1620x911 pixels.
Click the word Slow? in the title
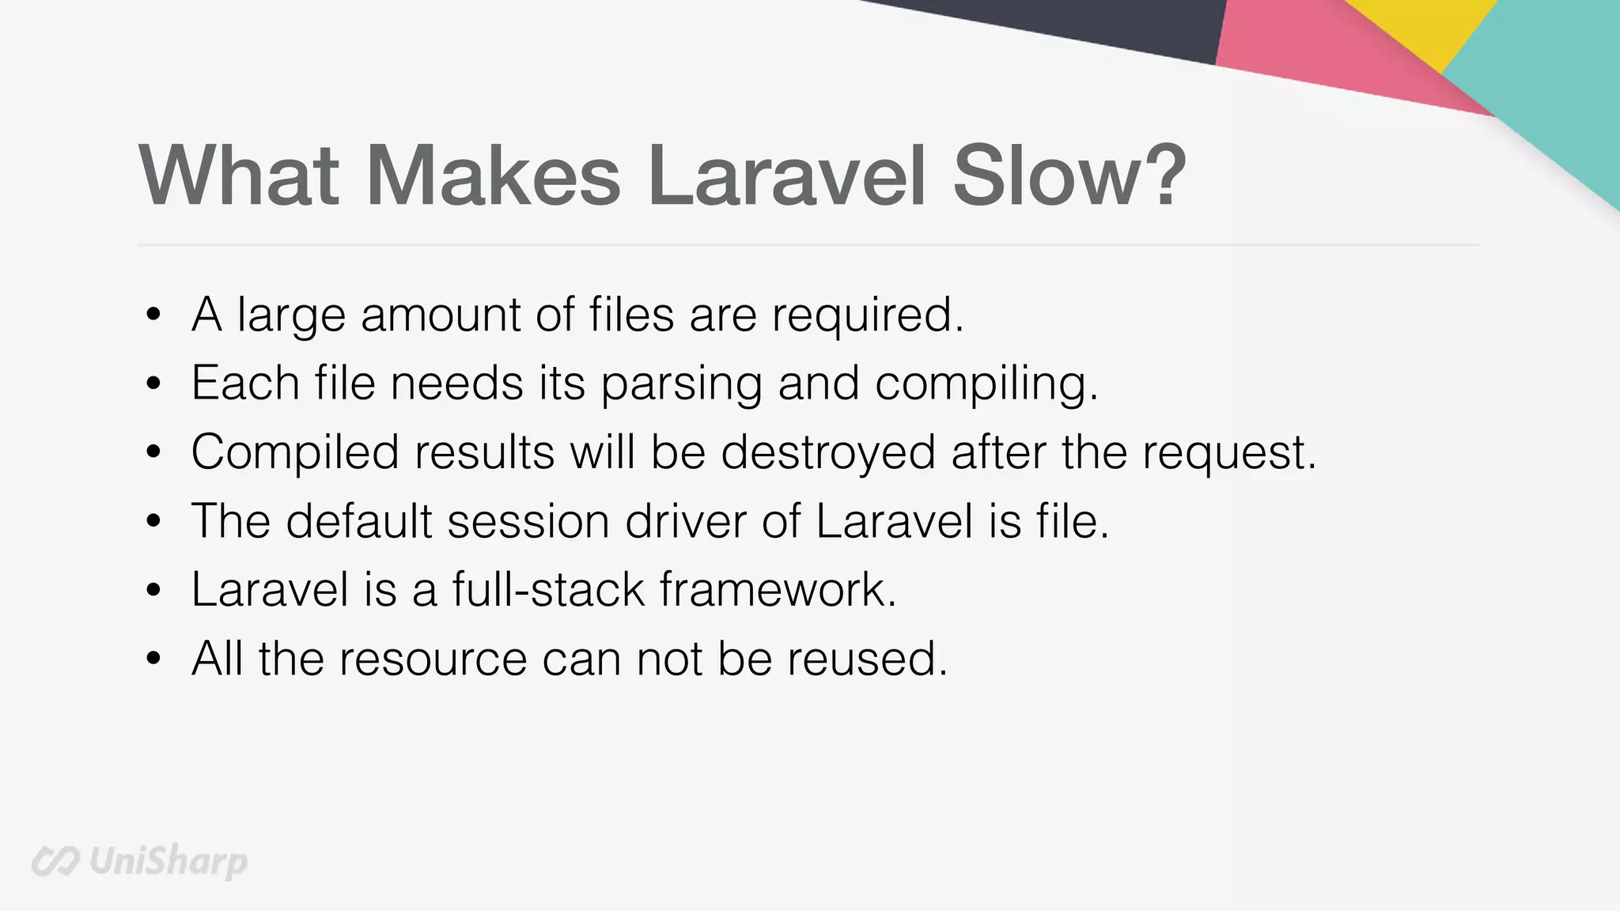coord(1069,176)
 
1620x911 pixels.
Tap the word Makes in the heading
coord(493,176)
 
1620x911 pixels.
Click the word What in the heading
coord(239,176)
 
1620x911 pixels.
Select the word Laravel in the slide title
coord(786,176)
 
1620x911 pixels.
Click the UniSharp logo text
coord(168,860)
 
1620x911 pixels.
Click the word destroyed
coord(828,452)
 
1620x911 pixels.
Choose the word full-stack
coord(548,590)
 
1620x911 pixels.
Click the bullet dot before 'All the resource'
coord(154,658)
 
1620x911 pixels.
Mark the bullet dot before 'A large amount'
coord(154,316)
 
